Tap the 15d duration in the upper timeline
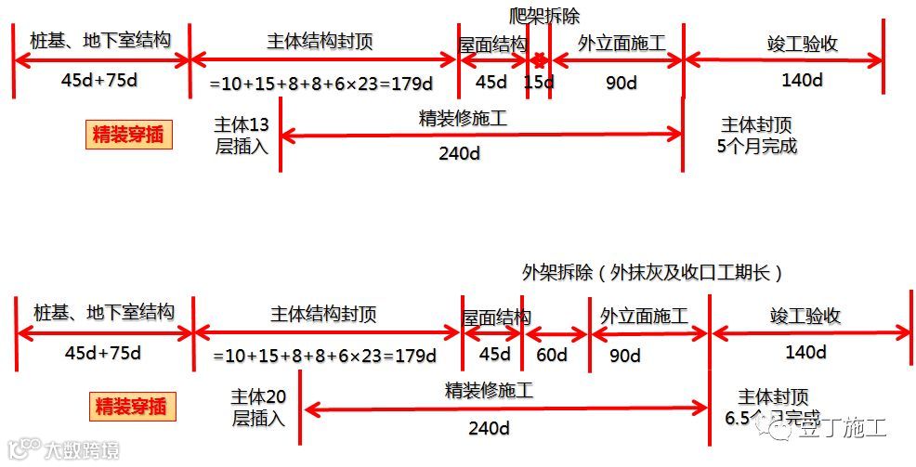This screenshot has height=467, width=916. click(x=538, y=83)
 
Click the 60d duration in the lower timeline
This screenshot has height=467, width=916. click(x=552, y=355)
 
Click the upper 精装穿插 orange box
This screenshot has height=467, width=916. click(x=130, y=135)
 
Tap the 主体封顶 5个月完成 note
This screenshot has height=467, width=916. click(x=757, y=135)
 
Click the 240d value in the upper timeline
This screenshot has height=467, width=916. click(x=459, y=153)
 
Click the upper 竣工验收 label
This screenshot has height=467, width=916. click(x=804, y=44)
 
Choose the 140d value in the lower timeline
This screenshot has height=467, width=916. click(x=805, y=352)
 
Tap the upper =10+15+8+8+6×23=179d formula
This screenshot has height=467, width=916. click(x=321, y=84)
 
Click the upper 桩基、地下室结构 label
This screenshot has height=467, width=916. click(x=101, y=41)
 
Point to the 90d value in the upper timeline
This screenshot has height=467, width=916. click(x=621, y=83)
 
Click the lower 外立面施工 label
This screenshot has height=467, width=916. click(x=644, y=316)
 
